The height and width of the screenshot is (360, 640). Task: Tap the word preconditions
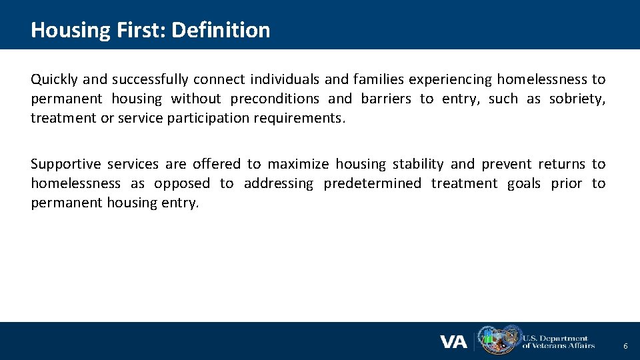pyautogui.click(x=275, y=99)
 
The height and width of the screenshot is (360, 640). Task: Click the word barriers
pyautogui.click(x=386, y=99)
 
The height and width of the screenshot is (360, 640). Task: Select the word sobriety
pyautogui.click(x=577, y=99)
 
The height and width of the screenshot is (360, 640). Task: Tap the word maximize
pyautogui.click(x=298, y=164)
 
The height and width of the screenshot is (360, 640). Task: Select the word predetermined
pyautogui.click(x=372, y=183)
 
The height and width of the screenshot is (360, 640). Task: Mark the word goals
pyautogui.click(x=523, y=183)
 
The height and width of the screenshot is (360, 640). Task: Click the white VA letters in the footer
pyautogui.click(x=453, y=342)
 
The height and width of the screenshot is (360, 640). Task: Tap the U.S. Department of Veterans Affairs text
pyautogui.click(x=558, y=342)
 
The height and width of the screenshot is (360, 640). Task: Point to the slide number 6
pyautogui.click(x=625, y=347)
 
